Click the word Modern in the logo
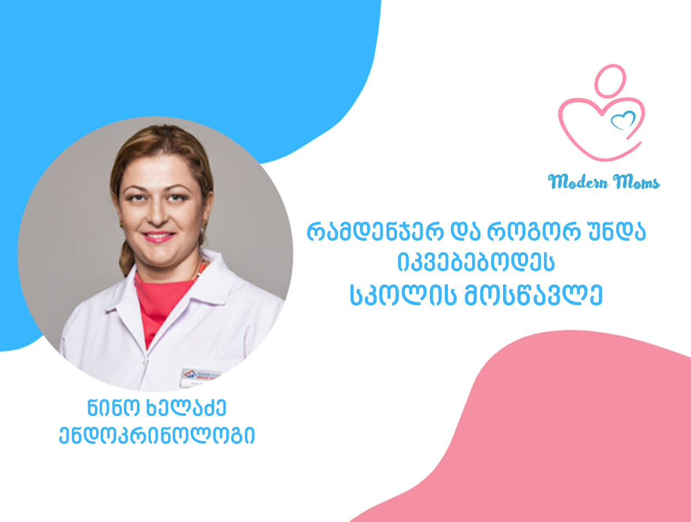pyautogui.click(x=578, y=181)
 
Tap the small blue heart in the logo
pyautogui.click(x=623, y=120)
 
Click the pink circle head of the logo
pyautogui.click(x=610, y=81)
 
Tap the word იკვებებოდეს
pyautogui.click(x=476, y=262)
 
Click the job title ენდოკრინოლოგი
pyautogui.click(x=157, y=435)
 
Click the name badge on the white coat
pyautogui.click(x=201, y=377)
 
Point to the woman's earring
pyautogui.click(x=205, y=224)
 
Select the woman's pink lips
pyautogui.click(x=159, y=236)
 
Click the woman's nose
pyautogui.click(x=157, y=215)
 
